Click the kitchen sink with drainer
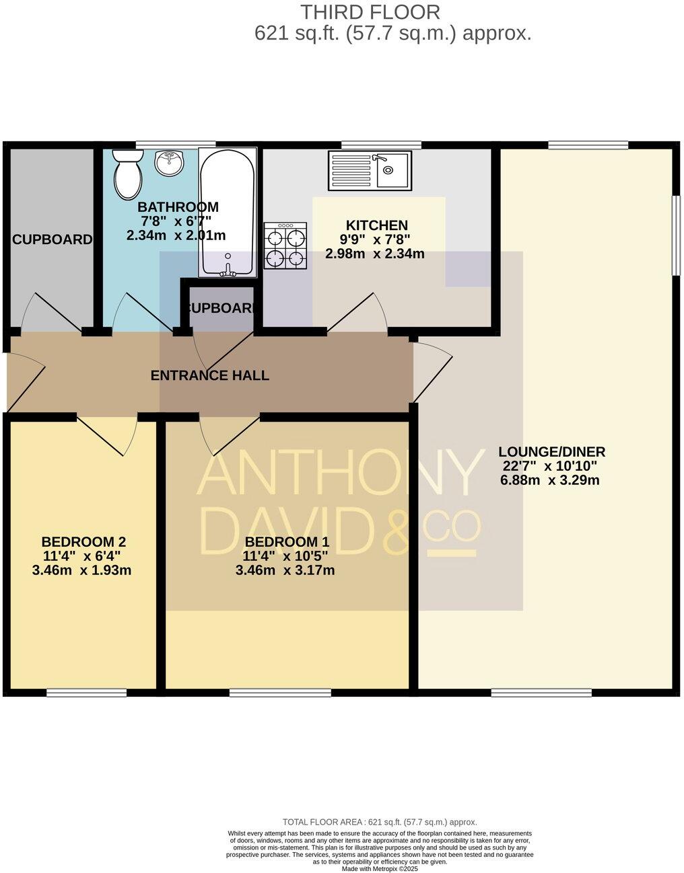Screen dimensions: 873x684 pos(370,169)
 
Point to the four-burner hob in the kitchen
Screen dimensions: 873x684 pos(285,247)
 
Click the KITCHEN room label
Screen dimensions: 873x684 pos(376,225)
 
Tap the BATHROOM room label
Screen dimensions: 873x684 pos(178,207)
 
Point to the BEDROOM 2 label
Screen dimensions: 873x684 pos(83,542)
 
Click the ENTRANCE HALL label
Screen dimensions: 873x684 pos(209,375)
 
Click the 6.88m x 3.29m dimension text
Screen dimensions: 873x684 pos(550,480)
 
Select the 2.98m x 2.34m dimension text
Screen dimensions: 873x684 pos(374,254)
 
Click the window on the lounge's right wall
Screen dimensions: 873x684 pos(675,235)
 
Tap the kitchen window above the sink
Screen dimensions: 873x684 pos(381,145)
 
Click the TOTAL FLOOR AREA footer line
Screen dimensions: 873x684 pos(380,822)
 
